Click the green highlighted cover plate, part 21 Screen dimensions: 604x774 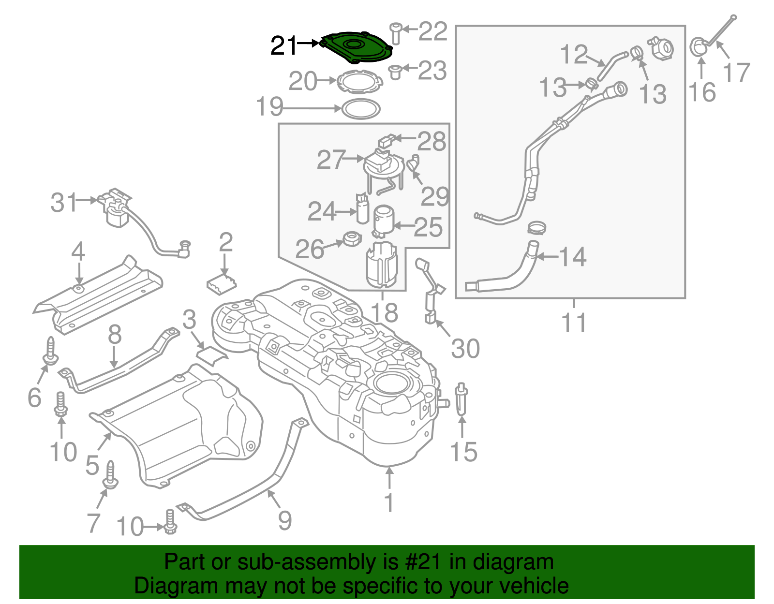point(357,47)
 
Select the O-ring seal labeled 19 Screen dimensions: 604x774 point(361,109)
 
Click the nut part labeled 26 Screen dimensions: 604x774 point(352,239)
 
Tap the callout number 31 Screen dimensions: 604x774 point(63,202)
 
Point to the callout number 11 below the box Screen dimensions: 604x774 point(574,322)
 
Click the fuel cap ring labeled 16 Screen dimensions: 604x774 point(698,47)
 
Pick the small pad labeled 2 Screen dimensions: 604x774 point(221,283)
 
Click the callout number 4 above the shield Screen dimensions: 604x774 point(78,252)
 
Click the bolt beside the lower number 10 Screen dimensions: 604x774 point(170,522)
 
